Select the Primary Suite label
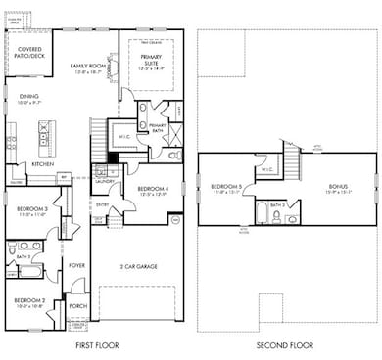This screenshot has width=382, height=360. click(150, 61)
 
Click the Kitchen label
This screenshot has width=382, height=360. click(42, 163)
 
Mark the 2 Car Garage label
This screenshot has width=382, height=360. click(144, 266)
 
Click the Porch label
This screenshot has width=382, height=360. click(77, 305)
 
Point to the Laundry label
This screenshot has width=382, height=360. click(106, 181)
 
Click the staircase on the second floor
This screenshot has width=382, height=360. click(292, 156)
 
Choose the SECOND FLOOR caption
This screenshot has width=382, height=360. click(287, 346)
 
